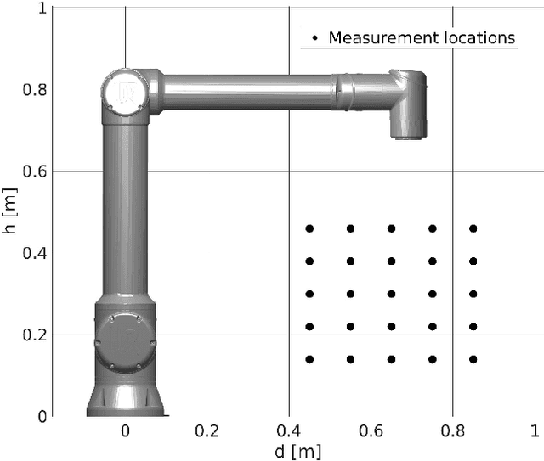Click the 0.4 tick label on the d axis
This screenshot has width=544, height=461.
pos(288,430)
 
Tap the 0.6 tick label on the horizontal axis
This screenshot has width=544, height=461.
pos(370,430)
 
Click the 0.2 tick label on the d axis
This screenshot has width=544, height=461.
pos(207,430)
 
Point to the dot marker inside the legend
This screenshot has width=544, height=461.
pos(316,38)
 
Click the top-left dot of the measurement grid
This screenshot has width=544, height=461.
pos(309,228)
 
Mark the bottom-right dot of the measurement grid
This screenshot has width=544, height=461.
pos(473,359)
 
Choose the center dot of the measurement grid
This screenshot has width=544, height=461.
pos(391,294)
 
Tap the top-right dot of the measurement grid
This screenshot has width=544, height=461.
pos(473,228)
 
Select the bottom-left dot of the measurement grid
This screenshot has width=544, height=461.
pos(309,359)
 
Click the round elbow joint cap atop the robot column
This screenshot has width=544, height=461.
pos(116,90)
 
